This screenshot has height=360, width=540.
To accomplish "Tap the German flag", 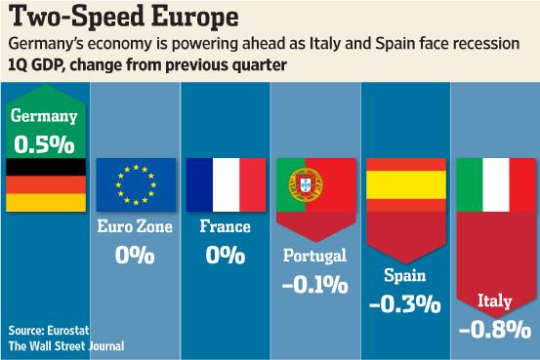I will tap(45, 185).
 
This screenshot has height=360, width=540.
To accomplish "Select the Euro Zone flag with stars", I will tap(136, 185).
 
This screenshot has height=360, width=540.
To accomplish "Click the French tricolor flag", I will tap(225, 185).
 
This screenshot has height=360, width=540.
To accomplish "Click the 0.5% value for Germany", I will tap(45, 142).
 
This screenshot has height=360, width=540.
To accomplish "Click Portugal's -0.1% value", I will tap(313, 285).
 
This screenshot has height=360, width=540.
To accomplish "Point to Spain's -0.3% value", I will tap(404, 302).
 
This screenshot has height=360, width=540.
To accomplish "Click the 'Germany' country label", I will tap(45, 116).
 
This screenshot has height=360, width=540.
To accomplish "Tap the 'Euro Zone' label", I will tap(136, 227).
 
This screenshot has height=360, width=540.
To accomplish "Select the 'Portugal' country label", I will tap(313, 257).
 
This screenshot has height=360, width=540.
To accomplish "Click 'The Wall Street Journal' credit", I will tap(65, 344).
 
